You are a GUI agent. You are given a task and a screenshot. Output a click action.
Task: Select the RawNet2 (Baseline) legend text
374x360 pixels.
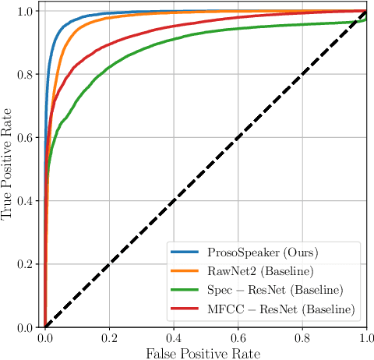251,272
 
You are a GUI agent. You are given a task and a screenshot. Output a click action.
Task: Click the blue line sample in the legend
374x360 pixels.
187,253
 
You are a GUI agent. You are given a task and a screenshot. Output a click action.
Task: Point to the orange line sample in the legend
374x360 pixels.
187,272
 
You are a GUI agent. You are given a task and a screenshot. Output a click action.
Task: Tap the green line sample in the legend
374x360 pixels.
187,291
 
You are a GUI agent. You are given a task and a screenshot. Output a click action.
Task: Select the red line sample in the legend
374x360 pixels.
187,309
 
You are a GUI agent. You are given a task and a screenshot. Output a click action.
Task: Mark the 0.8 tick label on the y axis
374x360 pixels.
26,75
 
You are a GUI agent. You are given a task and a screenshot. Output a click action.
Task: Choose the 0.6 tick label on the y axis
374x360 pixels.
26,138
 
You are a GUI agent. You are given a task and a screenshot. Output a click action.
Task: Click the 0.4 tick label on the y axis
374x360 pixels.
26,201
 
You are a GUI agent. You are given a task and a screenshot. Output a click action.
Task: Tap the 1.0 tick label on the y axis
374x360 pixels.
26,12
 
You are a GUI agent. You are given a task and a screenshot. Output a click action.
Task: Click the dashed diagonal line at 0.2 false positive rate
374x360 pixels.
109,264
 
